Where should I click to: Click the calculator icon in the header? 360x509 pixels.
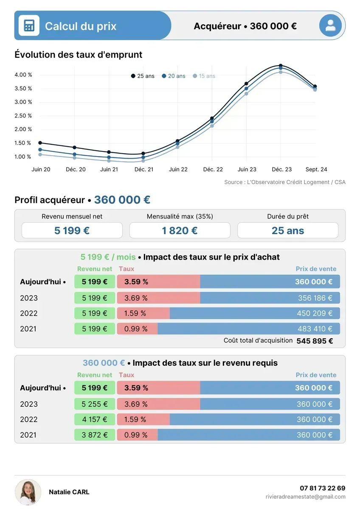29,25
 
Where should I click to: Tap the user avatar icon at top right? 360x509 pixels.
330,25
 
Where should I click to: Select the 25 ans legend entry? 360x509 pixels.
143,76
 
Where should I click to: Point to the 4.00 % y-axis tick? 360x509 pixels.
23,75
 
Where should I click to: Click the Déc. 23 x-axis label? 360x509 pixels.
281,169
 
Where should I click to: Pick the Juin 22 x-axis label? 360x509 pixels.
178,169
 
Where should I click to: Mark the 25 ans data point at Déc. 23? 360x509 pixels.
281,66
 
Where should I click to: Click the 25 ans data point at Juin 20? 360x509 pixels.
40,143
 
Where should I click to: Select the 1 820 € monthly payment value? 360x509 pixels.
180,231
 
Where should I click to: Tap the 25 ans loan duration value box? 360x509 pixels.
287,231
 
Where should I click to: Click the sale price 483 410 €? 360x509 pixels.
315,329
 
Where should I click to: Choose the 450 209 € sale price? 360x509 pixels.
315,313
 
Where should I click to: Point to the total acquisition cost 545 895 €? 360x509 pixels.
315,341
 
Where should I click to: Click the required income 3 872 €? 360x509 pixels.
95,435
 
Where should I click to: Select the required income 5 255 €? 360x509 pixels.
95,404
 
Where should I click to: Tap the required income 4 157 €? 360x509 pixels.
95,420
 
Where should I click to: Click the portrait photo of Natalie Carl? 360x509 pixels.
28,492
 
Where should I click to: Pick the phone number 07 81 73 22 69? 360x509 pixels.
322,488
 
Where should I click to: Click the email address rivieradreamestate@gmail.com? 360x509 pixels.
305,497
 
